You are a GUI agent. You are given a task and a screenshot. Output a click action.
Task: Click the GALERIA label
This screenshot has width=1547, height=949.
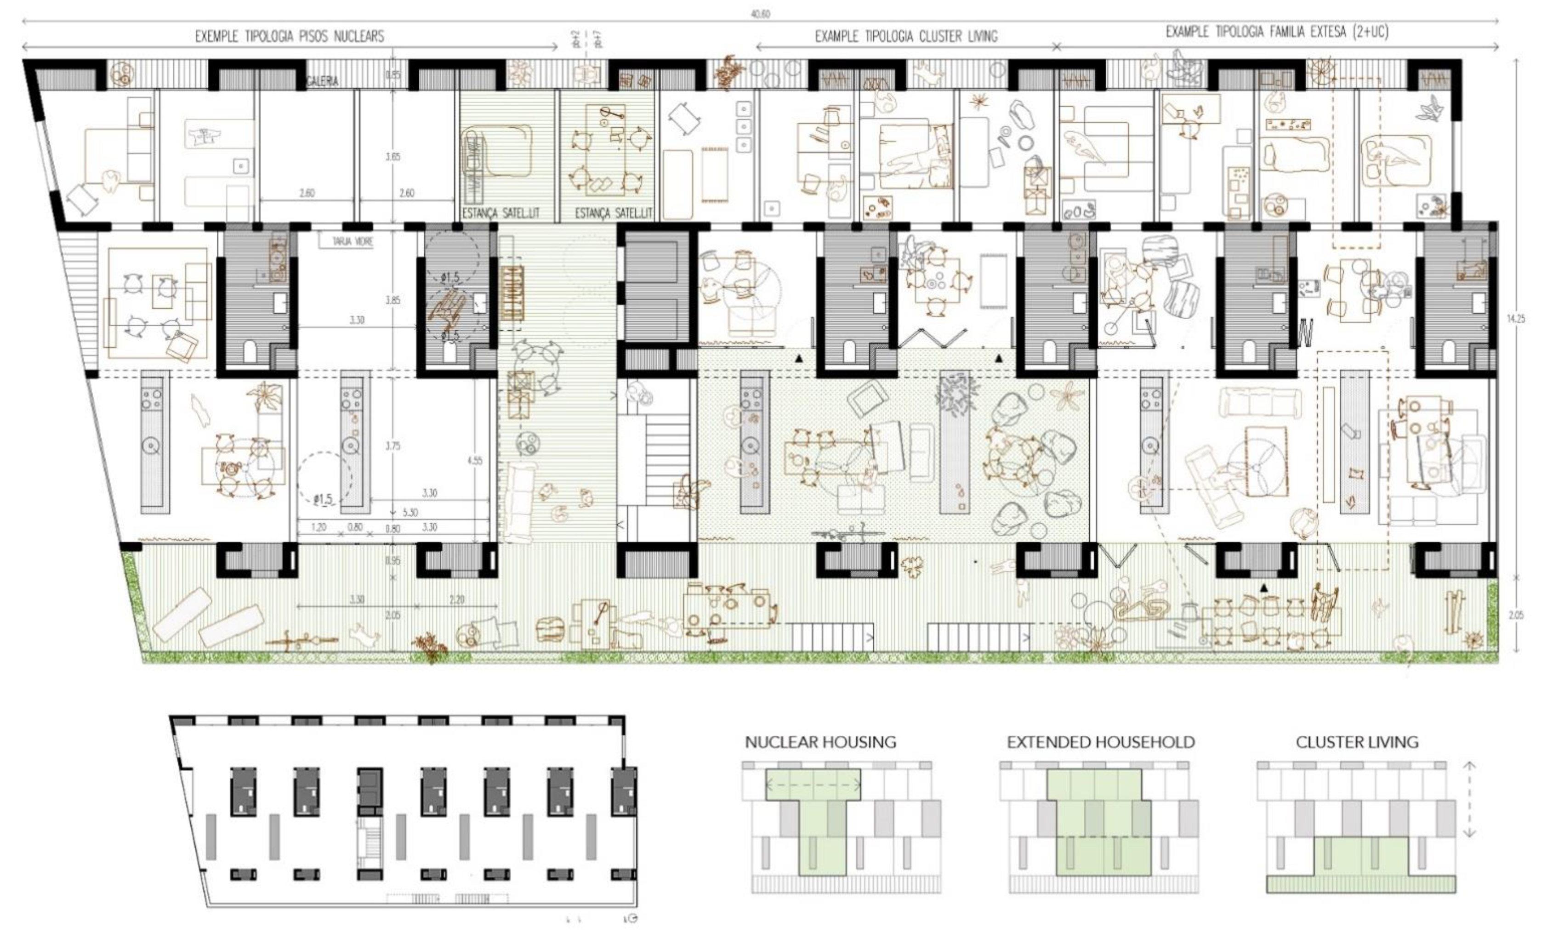(323, 81)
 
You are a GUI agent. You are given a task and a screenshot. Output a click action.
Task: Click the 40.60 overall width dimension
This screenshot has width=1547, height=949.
(760, 13)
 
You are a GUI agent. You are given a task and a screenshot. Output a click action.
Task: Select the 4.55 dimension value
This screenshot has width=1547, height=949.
(475, 460)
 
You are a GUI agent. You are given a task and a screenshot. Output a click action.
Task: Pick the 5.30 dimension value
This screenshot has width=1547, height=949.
(409, 512)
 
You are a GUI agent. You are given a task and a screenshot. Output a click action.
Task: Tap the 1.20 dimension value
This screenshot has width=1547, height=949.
(318, 527)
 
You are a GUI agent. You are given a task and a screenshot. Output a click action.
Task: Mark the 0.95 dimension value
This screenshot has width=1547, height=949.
(392, 560)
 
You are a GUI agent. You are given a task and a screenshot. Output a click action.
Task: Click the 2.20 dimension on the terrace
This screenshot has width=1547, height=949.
(457, 599)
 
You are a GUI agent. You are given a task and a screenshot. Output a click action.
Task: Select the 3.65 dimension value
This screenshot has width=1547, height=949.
(393, 156)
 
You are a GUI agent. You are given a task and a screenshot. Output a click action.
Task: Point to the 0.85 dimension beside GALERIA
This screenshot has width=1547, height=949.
(393, 75)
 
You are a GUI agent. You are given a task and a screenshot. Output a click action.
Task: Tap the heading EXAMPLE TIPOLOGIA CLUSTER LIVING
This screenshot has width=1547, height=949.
(906, 36)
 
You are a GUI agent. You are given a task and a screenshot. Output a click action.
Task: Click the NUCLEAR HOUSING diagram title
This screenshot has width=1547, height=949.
(820, 742)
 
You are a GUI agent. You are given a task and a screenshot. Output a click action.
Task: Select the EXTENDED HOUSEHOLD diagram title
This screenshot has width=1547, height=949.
(1100, 742)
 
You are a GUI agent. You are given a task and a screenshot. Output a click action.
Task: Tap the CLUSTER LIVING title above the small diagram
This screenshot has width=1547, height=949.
(1357, 742)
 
